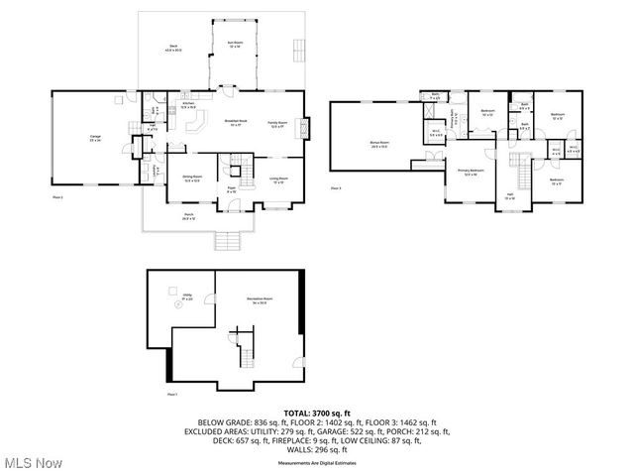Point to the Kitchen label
[x=187, y=104]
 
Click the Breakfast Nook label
[x=236, y=123]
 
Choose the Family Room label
[x=278, y=123]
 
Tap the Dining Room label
[x=193, y=179]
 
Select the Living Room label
[x=278, y=179]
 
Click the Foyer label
[x=231, y=188]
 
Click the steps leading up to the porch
[x=228, y=241]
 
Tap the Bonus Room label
[x=377, y=145]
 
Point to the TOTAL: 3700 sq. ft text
[x=317, y=412]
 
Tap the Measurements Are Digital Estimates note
[x=317, y=463]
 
